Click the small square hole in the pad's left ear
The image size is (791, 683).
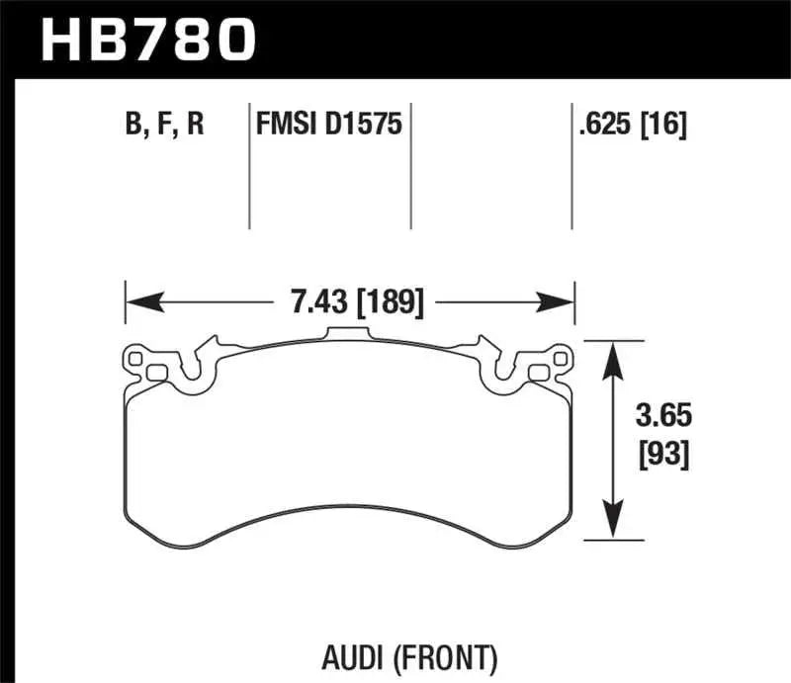[x=155, y=373]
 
